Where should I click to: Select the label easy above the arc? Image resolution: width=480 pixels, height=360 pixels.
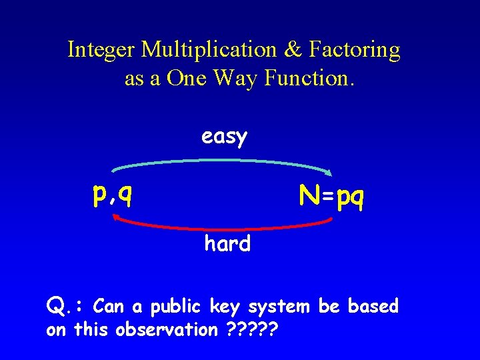click(225, 137)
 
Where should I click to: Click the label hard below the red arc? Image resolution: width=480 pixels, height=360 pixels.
click(227, 244)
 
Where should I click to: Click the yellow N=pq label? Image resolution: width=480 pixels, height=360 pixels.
click(331, 197)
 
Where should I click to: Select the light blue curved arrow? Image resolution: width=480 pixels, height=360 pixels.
click(220, 161)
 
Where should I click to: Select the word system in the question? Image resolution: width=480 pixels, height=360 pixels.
click(279, 307)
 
